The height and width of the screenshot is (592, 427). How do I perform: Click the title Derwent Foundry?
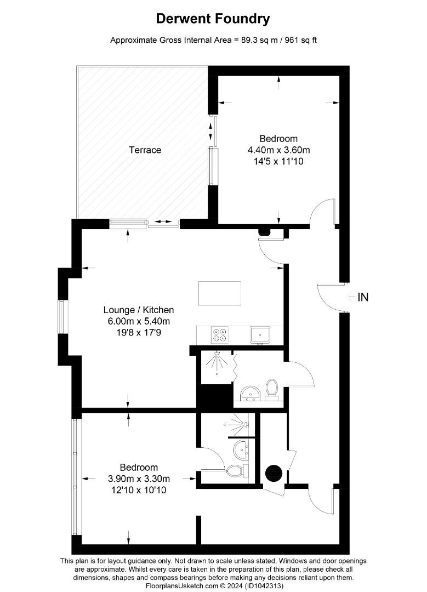(x=213, y=19)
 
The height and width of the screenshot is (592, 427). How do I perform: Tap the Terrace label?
(x=145, y=150)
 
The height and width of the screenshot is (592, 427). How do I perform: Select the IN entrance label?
(x=362, y=298)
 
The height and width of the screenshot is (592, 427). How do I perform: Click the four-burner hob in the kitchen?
(x=220, y=334)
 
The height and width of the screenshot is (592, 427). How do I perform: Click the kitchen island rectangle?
(x=219, y=293)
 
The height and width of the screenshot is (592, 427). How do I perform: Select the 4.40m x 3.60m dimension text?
(x=279, y=150)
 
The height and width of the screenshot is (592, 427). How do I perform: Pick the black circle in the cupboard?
(x=272, y=472)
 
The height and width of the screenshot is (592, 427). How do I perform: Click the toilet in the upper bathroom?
(x=272, y=389)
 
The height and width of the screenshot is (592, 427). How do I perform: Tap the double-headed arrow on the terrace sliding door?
(x=163, y=222)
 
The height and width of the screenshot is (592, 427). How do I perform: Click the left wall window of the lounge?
(x=61, y=317)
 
